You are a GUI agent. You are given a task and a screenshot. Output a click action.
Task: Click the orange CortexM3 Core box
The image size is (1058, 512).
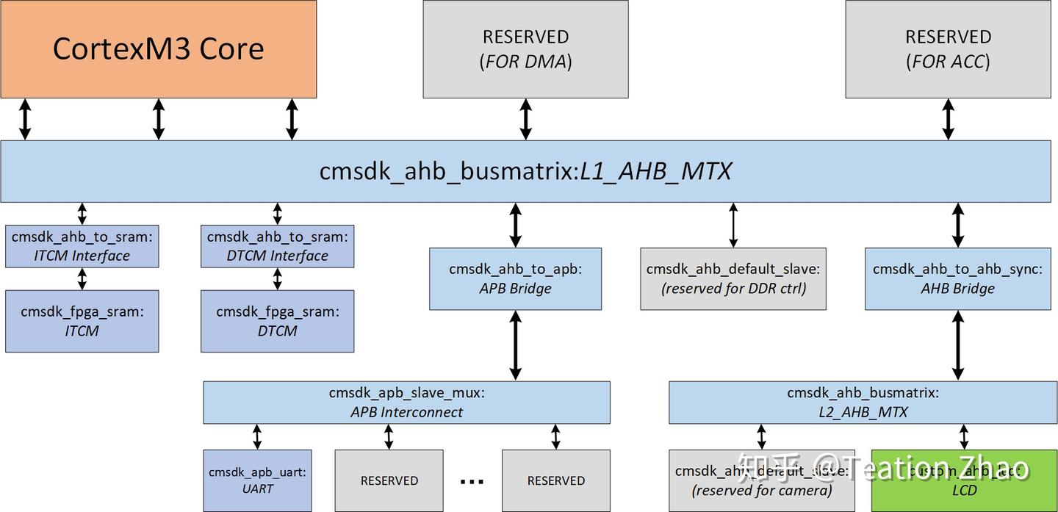pos(158,48)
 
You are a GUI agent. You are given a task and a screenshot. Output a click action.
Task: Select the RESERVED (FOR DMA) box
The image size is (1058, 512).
pos(525,48)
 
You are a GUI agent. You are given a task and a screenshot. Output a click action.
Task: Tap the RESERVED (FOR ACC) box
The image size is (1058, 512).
pos(948,48)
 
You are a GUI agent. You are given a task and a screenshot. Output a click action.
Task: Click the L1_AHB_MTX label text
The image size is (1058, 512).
pos(655,171)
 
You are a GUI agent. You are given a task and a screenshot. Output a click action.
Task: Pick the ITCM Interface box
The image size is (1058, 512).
pos(82,246)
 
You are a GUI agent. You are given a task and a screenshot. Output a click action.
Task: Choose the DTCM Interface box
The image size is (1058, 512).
pos(277,246)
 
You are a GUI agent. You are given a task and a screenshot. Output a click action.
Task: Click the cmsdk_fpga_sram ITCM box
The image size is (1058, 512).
pos(82,321)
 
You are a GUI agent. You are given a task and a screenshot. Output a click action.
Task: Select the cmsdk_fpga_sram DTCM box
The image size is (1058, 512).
pos(277,321)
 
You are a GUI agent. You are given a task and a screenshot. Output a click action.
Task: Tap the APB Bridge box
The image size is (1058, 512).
pos(515,278)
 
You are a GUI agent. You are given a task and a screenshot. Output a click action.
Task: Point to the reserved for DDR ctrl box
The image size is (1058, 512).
pos(733,278)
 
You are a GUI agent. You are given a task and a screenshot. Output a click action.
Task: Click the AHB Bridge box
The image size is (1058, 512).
pos(957,278)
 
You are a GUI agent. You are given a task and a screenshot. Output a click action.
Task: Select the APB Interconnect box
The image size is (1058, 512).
pos(406,403)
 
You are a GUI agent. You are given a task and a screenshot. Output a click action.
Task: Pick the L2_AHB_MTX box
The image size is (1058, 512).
pos(863,403)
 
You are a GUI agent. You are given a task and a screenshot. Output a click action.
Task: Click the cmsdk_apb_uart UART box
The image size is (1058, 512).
pos(257,480)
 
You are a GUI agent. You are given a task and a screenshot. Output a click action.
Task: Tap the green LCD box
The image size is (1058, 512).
pos(963,480)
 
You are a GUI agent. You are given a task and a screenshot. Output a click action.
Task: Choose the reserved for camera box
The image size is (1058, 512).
pos(762,480)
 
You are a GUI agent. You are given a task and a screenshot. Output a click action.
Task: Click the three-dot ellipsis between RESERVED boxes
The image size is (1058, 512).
pos(472,481)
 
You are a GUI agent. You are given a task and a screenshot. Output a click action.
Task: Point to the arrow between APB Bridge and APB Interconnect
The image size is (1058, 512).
pos(515,345)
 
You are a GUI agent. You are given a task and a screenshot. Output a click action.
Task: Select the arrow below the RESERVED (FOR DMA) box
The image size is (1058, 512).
pos(525,119)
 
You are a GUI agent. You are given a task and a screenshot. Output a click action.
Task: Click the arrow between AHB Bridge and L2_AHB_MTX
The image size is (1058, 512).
pos(957,345)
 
